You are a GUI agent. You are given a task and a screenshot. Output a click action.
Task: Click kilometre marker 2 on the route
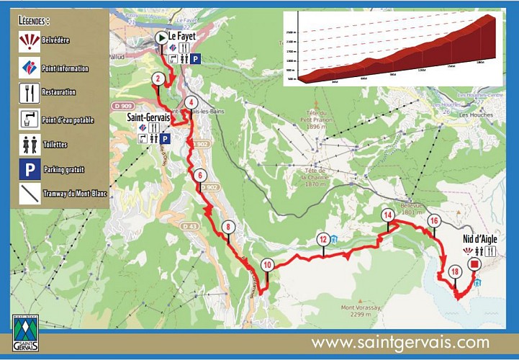coord(157,79)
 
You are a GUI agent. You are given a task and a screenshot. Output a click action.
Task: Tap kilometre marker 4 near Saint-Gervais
coord(190,102)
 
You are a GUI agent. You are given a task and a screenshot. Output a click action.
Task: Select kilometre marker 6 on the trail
coord(200,175)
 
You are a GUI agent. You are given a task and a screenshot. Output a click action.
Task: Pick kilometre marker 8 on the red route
coord(228,227)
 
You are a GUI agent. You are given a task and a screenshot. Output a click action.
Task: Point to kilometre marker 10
coord(267,265)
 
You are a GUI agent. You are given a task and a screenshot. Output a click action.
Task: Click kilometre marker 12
coord(323,240)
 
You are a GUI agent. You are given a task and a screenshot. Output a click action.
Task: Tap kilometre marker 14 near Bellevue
coord(388,215)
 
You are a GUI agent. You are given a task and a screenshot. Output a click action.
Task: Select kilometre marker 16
coord(433,220)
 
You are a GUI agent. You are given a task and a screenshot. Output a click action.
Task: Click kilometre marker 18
coord(454,271)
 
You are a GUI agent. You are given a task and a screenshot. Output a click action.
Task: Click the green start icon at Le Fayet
coord(161,37)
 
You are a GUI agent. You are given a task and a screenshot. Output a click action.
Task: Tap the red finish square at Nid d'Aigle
coord(474,264)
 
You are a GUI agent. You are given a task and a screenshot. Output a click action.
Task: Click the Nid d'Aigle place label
coord(479,239)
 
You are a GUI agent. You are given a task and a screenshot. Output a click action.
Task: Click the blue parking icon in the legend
coord(29,169)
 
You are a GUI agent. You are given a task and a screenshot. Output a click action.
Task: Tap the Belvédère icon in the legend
coord(29,40)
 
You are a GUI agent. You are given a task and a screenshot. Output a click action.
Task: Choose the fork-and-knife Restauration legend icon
coord(29,92)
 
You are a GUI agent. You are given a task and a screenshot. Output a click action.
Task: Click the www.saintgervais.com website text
coord(400,343)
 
